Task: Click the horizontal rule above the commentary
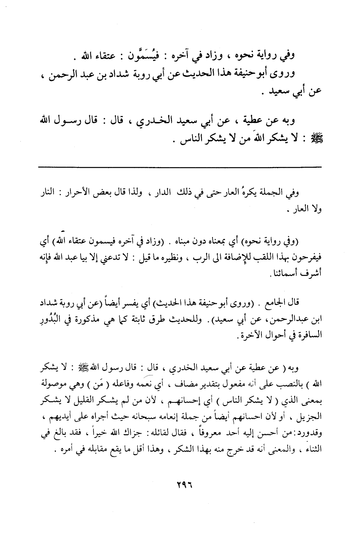click(180, 167)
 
